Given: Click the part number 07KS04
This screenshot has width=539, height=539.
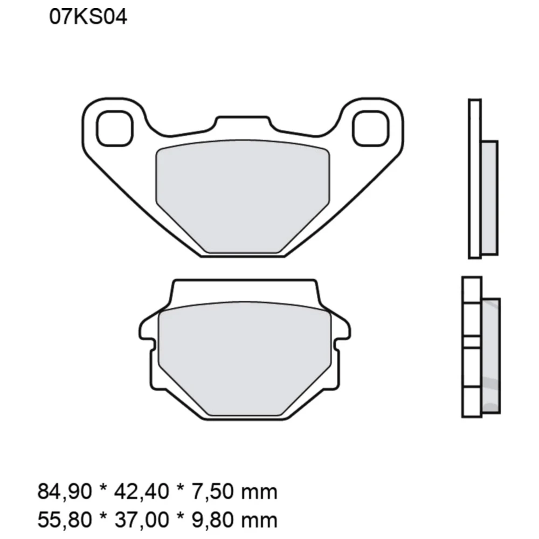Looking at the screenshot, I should pyautogui.click(x=88, y=18).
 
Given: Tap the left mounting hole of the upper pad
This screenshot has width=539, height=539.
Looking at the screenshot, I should pyautogui.click(x=114, y=128).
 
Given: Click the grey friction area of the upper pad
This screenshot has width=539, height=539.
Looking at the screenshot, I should pyautogui.click(x=243, y=194).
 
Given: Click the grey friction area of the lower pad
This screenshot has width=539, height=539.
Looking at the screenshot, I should pyautogui.click(x=245, y=358).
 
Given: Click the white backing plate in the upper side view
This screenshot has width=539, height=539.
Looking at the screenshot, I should pyautogui.click(x=474, y=178).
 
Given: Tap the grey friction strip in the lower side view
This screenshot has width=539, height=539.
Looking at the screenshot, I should pyautogui.click(x=492, y=353).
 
